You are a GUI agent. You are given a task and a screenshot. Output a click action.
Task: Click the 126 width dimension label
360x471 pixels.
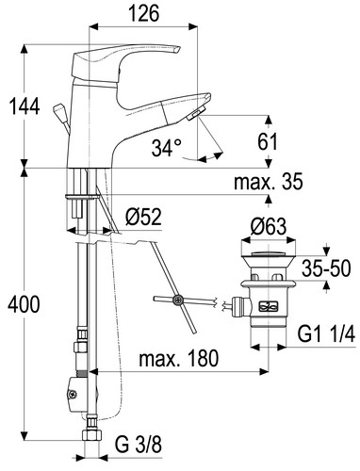pos(143,14)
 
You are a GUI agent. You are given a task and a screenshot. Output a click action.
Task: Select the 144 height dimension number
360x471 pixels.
pos(24,106)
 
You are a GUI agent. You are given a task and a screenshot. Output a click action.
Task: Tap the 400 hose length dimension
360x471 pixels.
pos(24,304)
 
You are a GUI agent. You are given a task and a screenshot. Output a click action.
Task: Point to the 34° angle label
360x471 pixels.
pos(167,148)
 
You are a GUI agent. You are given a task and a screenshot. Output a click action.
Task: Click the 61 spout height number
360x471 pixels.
pos(268,141)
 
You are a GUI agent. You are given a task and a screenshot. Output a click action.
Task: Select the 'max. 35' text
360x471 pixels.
pos(269,181)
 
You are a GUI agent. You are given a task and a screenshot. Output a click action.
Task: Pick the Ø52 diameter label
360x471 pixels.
pos(143,217)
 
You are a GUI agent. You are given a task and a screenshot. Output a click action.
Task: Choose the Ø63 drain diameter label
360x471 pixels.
pos(269,226)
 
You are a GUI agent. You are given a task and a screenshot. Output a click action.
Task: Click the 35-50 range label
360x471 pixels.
pos(326,268)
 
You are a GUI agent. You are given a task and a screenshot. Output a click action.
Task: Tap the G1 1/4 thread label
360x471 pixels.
pos(326,334)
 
